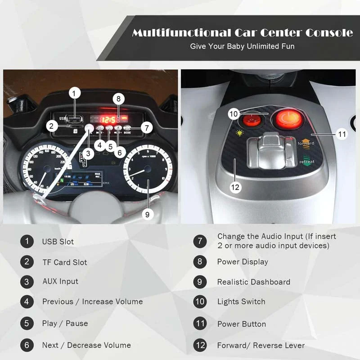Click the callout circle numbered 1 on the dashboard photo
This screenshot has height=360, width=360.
(x=75, y=94)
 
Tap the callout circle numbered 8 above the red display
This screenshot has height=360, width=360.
(x=118, y=99)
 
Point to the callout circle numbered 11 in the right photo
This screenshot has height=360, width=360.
(x=343, y=134)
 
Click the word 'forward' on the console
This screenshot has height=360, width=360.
(x=306, y=143)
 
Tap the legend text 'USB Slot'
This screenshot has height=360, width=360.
(x=58, y=242)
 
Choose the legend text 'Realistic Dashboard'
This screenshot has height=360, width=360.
(x=254, y=282)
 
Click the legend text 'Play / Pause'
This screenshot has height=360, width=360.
(x=65, y=324)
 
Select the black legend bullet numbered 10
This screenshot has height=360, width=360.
(x=200, y=302)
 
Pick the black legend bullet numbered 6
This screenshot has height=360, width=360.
(x=27, y=345)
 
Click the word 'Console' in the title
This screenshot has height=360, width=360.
(x=329, y=33)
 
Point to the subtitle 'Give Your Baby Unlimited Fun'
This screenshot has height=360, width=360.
(x=242, y=46)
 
